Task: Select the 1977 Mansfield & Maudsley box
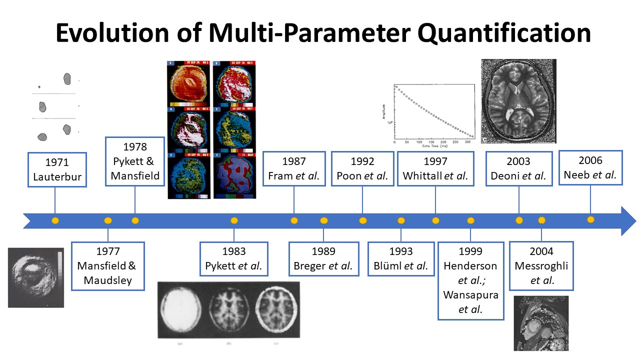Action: pyautogui.click(x=108, y=266)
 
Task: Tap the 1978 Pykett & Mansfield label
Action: pyautogui.click(x=135, y=161)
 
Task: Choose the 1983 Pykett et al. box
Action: pyautogui.click(x=233, y=259)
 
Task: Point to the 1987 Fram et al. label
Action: pyautogui.click(x=294, y=168)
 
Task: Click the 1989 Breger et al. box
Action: pyautogui.click(x=323, y=259)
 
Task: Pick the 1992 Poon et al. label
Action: pyautogui.click(x=362, y=168)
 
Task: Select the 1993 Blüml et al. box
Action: pyautogui.click(x=400, y=259)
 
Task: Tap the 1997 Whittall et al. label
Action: pyautogui.click(x=435, y=168)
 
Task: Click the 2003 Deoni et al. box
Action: pyautogui.click(x=519, y=168)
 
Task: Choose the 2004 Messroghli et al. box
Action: pyautogui.click(x=541, y=266)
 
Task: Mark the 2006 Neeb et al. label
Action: pyautogui.click(x=590, y=167)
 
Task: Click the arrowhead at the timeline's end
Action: pyautogui.click(x=627, y=220)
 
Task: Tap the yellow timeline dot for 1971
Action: pyautogui.click(x=55, y=220)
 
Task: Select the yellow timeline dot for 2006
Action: pyautogui.click(x=590, y=219)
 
